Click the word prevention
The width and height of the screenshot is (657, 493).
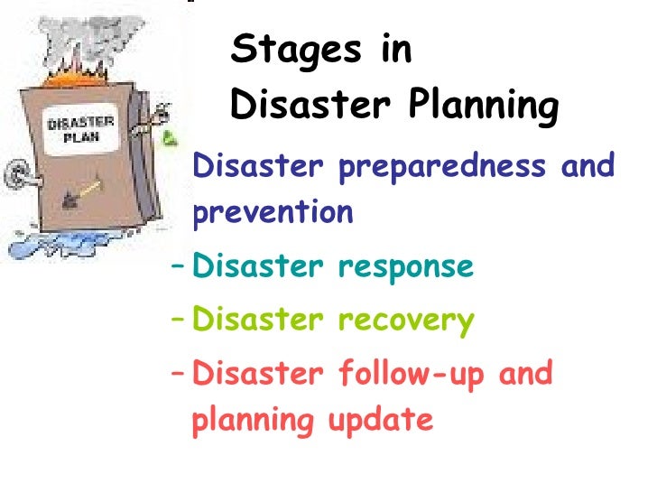[x=273, y=214]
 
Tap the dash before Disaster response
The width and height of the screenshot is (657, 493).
[x=178, y=266]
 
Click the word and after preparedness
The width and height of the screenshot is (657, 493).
[x=587, y=166]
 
